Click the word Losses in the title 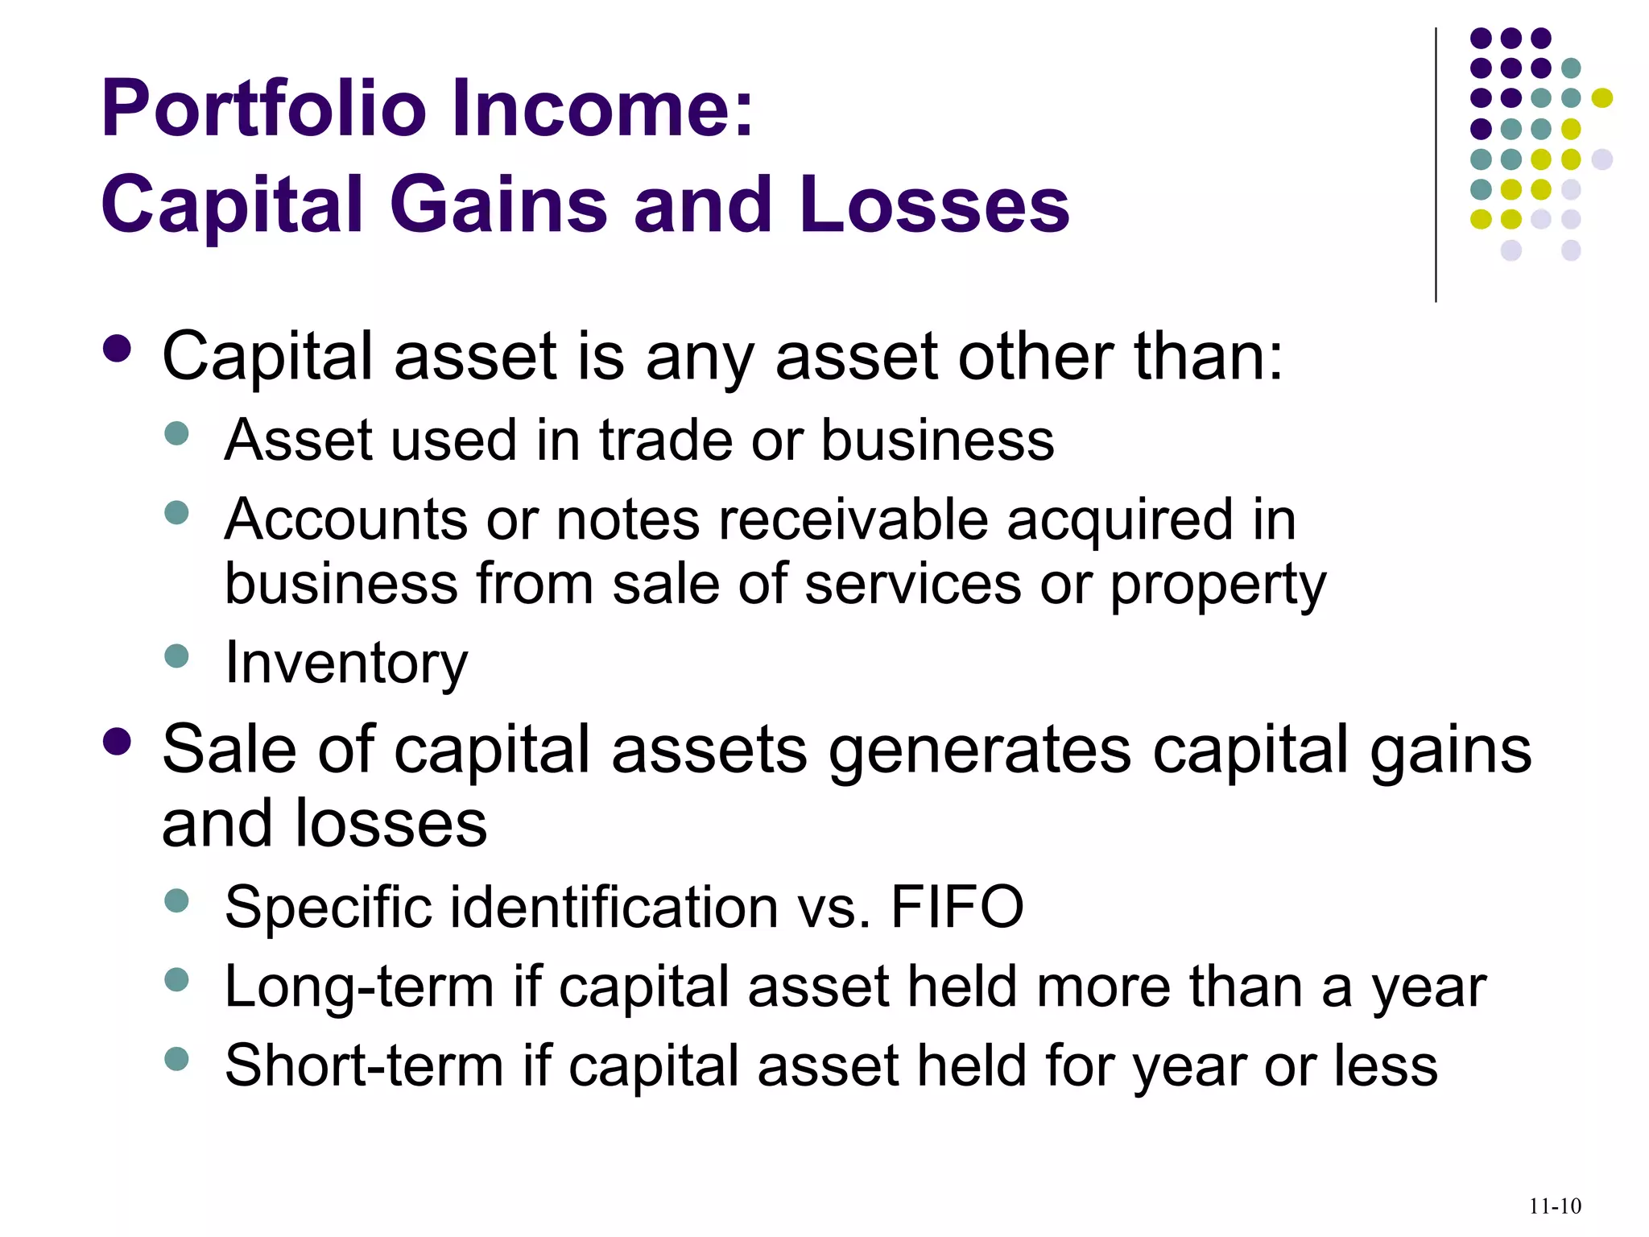coord(935,205)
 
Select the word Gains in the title coord(498,205)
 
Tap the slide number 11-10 coord(1555,1206)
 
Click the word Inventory coord(346,663)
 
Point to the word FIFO coord(957,908)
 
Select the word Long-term coord(359,987)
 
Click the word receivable coord(853,519)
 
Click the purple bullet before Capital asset coord(118,350)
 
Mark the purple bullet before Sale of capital coord(118,743)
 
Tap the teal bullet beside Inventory coord(176,656)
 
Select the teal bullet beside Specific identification coord(176,900)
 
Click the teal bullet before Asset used coord(176,433)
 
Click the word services coord(913,584)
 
